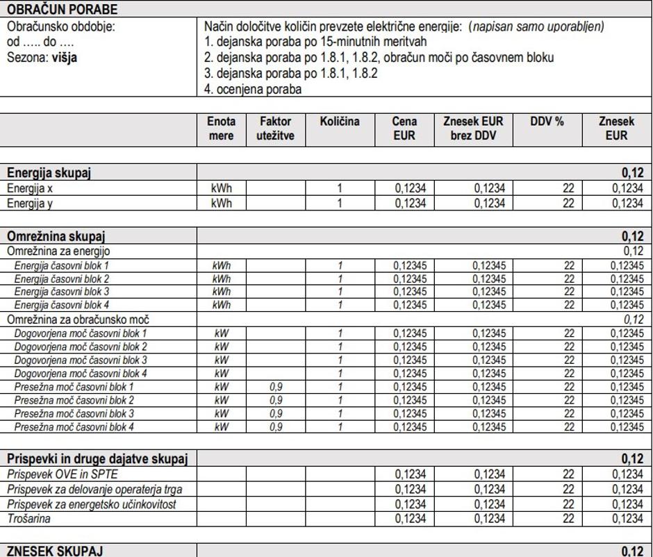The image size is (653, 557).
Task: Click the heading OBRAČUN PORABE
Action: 62,9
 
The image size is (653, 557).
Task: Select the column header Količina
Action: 340,122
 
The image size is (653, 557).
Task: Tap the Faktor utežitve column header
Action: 275,128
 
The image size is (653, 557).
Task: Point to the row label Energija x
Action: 35,188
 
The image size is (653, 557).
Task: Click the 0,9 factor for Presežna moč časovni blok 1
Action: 275,387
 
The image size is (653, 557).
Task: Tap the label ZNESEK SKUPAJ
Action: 55,551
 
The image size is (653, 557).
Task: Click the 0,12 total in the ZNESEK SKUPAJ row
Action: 632,551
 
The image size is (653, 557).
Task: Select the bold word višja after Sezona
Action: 64,57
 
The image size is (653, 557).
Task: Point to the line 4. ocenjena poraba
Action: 254,89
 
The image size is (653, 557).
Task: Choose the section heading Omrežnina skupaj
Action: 56,236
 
